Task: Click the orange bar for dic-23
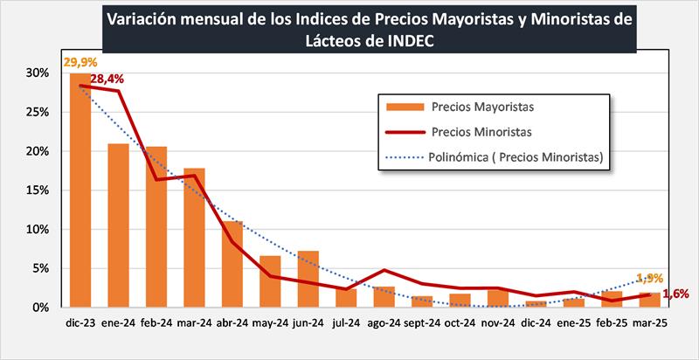pyautogui.click(x=80, y=190)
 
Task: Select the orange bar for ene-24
pyautogui.click(x=118, y=225)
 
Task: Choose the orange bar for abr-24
pyautogui.click(x=232, y=265)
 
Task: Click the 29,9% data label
pyautogui.click(x=80, y=64)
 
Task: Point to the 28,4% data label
pyautogui.click(x=107, y=79)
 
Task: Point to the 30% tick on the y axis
pyautogui.click(x=37, y=73)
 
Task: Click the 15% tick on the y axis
pyautogui.click(x=37, y=190)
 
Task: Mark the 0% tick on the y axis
pyautogui.click(x=40, y=308)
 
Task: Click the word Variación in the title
pyautogui.click(x=142, y=17)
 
